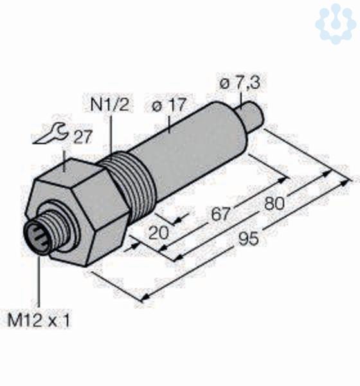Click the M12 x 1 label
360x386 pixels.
tap(39, 320)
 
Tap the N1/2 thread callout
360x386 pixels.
tap(110, 105)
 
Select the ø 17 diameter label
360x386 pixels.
tap(168, 105)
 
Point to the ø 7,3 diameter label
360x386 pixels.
tap(239, 83)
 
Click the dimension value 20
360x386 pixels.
tap(159, 233)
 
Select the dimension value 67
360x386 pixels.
tap(221, 214)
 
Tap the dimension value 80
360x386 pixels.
tap(274, 204)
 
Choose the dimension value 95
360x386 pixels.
tap(249, 239)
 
